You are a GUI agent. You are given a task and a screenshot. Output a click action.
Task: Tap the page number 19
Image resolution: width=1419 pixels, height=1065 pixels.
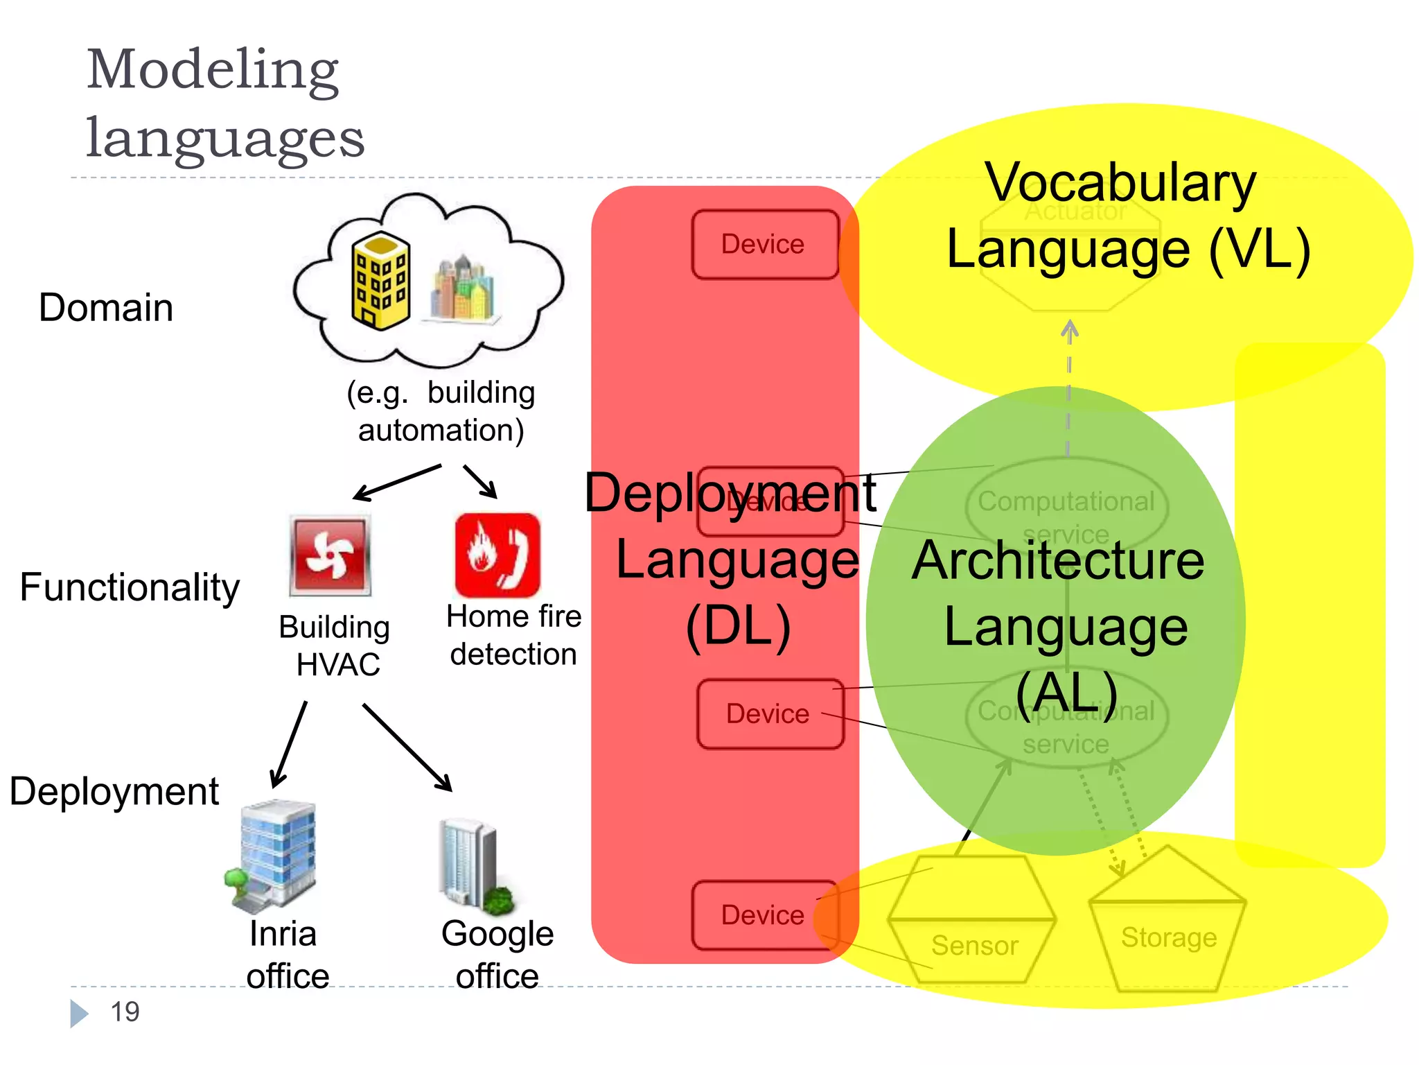(x=125, y=1012)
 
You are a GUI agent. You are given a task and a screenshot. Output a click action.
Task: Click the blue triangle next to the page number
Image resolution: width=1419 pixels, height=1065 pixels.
(x=79, y=1013)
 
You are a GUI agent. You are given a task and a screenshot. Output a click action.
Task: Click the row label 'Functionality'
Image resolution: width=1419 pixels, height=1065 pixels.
(x=130, y=587)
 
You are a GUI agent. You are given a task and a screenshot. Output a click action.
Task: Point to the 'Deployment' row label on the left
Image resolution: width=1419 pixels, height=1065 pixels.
(x=114, y=791)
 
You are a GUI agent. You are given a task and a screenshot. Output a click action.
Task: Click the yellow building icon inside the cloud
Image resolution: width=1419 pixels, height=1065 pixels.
(x=380, y=281)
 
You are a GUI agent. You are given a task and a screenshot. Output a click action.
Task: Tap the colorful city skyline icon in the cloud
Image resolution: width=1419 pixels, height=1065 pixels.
(x=463, y=288)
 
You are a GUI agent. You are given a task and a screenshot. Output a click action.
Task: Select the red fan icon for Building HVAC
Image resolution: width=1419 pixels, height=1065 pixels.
(x=330, y=555)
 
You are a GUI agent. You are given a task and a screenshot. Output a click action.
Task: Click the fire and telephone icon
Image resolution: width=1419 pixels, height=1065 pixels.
(x=497, y=555)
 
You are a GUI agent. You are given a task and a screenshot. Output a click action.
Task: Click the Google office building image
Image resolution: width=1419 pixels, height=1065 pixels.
(x=475, y=867)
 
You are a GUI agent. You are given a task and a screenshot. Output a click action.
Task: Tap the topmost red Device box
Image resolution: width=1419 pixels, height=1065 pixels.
(x=764, y=245)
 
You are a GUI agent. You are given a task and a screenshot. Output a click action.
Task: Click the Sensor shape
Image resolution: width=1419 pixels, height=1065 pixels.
(x=973, y=922)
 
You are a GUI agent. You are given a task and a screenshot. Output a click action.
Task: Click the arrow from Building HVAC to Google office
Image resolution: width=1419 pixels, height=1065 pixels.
(x=407, y=747)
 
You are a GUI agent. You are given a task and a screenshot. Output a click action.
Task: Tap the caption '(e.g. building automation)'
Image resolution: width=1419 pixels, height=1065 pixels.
(x=441, y=411)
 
